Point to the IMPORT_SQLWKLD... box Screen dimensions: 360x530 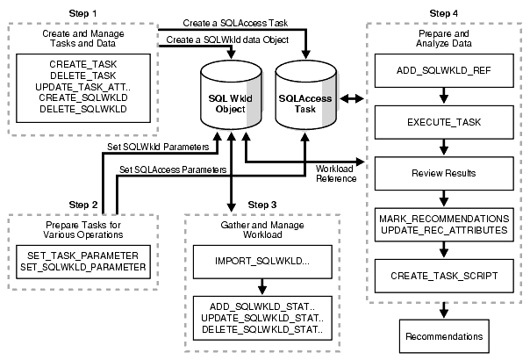click(x=262, y=262)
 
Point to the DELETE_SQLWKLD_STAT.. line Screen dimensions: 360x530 click(x=262, y=328)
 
